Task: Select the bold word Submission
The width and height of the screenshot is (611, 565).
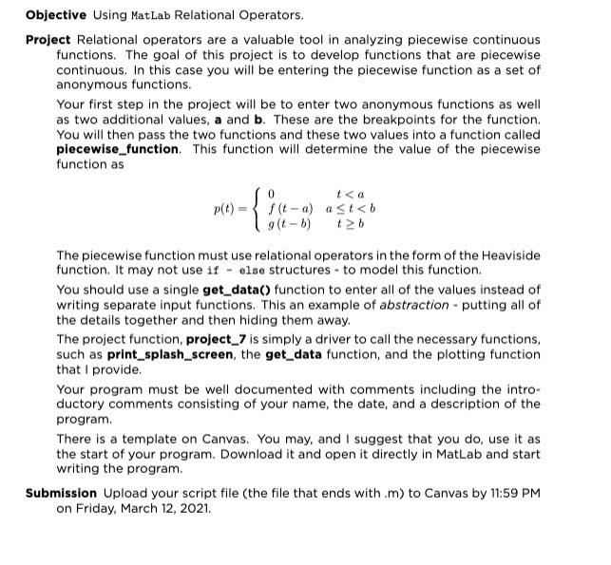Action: [62, 493]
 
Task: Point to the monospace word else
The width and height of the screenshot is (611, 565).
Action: [249, 270]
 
